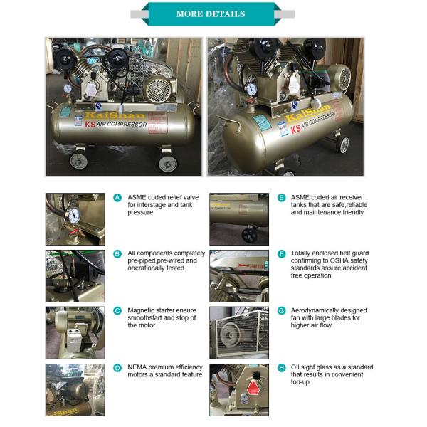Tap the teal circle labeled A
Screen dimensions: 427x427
coord(118,197)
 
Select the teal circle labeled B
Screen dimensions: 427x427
coord(118,254)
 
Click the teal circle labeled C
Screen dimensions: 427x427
coord(118,311)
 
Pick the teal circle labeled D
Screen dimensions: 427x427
coord(118,368)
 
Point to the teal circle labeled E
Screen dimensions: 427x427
coord(282,197)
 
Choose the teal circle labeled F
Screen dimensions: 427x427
coord(282,254)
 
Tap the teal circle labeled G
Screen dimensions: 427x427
coord(282,311)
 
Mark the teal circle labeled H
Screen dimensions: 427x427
coord(282,368)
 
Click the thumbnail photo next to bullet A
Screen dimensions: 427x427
coord(75,219)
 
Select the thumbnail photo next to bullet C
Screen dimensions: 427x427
coord(75,332)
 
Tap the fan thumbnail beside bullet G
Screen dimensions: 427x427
coord(238,332)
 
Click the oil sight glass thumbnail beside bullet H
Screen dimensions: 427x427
coord(238,390)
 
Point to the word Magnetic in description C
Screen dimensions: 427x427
coord(142,311)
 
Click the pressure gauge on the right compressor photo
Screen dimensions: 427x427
coord(251,90)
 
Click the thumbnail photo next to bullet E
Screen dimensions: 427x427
coord(238,219)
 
